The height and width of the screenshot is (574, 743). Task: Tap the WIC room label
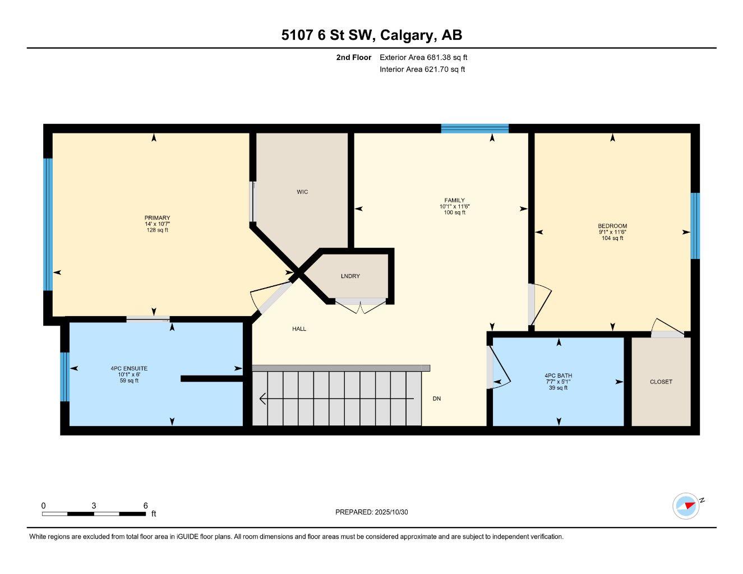click(x=302, y=192)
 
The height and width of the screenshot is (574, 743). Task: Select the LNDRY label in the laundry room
click(x=350, y=276)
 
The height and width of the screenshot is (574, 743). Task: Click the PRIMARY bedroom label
click(x=157, y=218)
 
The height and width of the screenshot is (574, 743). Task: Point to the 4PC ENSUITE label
click(x=129, y=368)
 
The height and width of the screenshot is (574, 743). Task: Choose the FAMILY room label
click(x=454, y=200)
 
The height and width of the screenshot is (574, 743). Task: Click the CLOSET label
click(x=661, y=382)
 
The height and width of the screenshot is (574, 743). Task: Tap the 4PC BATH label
click(x=558, y=376)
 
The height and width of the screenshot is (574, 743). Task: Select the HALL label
click(x=299, y=328)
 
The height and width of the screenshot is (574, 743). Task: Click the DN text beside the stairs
click(x=436, y=399)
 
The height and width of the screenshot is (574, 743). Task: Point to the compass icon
click(x=686, y=506)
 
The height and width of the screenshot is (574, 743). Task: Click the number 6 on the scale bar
click(x=145, y=505)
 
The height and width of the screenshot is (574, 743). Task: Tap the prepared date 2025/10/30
click(x=391, y=512)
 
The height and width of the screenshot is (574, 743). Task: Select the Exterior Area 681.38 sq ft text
click(x=423, y=57)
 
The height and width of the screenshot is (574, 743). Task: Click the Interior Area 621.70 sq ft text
click(x=422, y=70)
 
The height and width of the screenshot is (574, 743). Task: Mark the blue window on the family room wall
click(x=474, y=128)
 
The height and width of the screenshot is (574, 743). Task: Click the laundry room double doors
click(x=361, y=305)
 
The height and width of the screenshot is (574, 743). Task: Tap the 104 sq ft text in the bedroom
click(x=612, y=238)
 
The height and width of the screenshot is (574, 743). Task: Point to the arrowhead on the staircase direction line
click(x=262, y=399)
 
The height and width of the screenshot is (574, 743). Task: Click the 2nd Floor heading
click(x=353, y=57)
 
